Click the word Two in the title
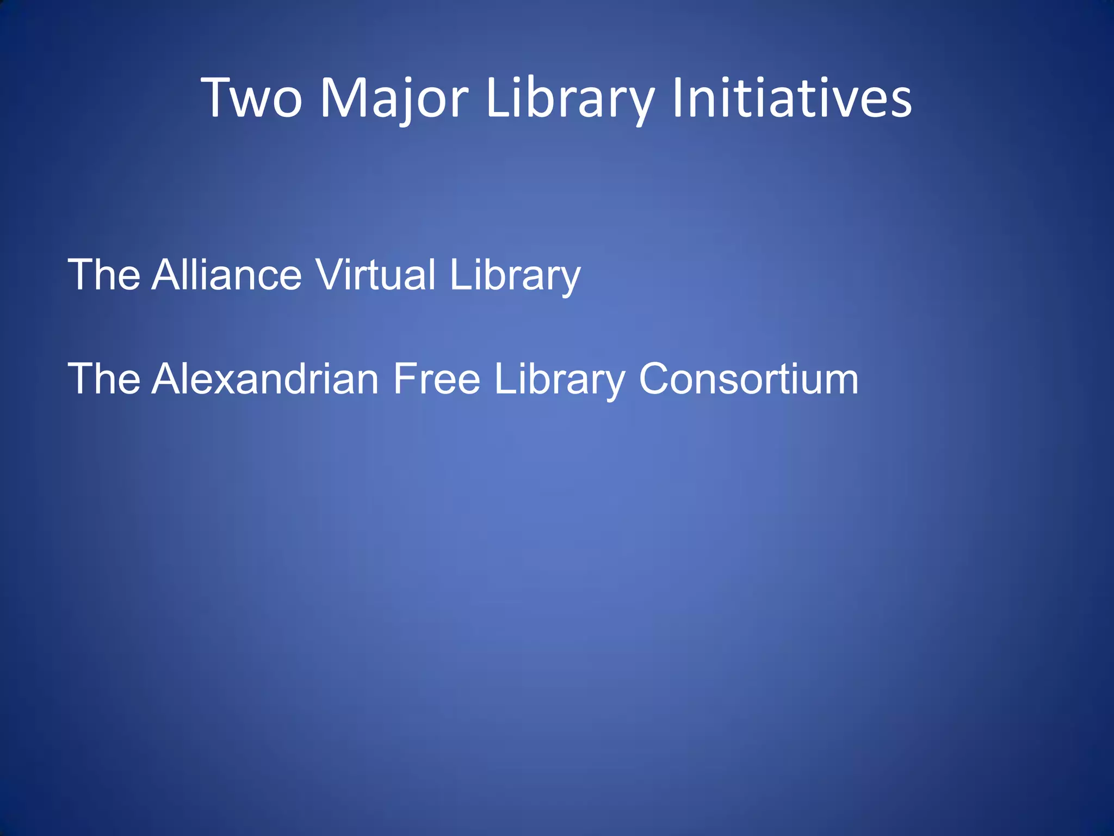tap(251, 98)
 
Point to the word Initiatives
tap(792, 98)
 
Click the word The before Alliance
tap(104, 275)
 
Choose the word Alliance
tap(226, 275)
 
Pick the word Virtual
tap(376, 275)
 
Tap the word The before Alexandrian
tap(104, 379)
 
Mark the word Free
tap(436, 379)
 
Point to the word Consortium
tap(748, 379)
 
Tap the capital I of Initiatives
tap(678, 98)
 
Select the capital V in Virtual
tap(330, 275)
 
